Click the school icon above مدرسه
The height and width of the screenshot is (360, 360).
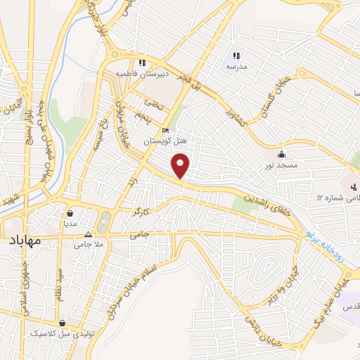[x=236, y=55]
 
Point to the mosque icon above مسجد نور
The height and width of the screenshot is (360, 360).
[x=281, y=154]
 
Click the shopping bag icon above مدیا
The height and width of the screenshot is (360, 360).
[x=70, y=212]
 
